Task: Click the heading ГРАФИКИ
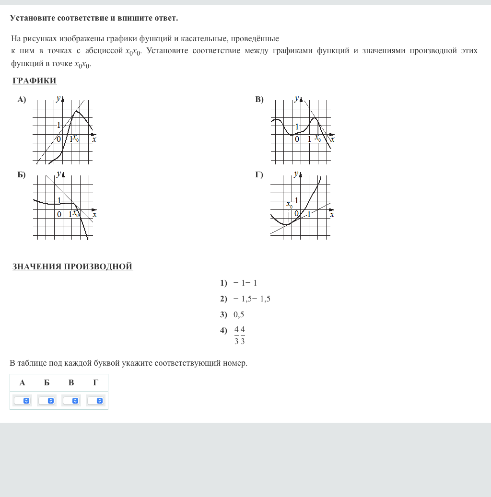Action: pyautogui.click(x=35, y=81)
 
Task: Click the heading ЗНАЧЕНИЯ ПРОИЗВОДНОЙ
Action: pyautogui.click(x=72, y=266)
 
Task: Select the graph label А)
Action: pyautogui.click(x=22, y=100)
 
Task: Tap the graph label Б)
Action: pyautogui.click(x=22, y=175)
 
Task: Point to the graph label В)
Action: pyautogui.click(x=259, y=100)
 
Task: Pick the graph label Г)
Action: pyautogui.click(x=259, y=175)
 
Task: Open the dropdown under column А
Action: pyautogui.click(x=22, y=401)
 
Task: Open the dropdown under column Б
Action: pyautogui.click(x=47, y=401)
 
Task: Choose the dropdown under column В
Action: pyautogui.click(x=71, y=401)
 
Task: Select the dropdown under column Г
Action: pyautogui.click(x=96, y=401)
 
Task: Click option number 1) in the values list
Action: pyautogui.click(x=223, y=283)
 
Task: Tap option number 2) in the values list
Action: pyautogui.click(x=223, y=299)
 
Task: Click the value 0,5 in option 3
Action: pyautogui.click(x=239, y=314)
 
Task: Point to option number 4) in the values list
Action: pyautogui.click(x=223, y=330)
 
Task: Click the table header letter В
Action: pyautogui.click(x=71, y=382)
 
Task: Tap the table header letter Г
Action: pyautogui.click(x=96, y=382)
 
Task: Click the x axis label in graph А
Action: pyautogui.click(x=94, y=139)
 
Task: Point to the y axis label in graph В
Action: pyautogui.click(x=296, y=98)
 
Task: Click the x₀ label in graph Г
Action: pyautogui.click(x=290, y=204)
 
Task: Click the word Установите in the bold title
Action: pyautogui.click(x=33, y=18)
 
